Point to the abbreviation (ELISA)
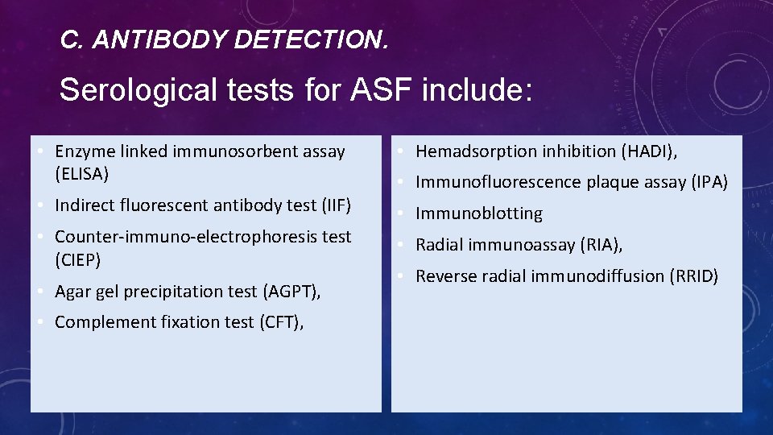81,173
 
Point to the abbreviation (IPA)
709,182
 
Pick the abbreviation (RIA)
601,245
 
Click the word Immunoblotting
479,213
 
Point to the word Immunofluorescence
498,182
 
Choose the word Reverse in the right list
445,276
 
